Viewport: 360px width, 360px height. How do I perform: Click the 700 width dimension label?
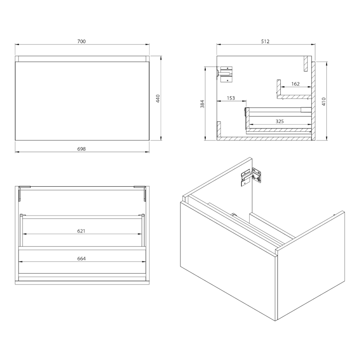point(81,41)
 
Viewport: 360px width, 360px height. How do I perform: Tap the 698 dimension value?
point(81,149)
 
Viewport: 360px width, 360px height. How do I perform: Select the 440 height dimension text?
point(158,99)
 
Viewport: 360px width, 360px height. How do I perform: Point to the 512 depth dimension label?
point(265,41)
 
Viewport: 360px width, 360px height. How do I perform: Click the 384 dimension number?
point(202,104)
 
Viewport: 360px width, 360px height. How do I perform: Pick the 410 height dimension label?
point(324,101)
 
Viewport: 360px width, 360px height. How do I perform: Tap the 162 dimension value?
point(296,84)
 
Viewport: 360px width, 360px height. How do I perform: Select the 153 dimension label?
point(231,98)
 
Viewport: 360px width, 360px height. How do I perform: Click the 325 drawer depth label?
point(279,121)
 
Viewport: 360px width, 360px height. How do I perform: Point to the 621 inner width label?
point(81,231)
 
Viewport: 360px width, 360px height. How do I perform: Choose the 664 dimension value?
point(81,258)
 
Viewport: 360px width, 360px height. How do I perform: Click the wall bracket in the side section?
point(225,74)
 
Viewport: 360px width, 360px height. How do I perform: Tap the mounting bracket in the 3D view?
point(251,177)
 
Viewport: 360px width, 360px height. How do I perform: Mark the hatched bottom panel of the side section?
point(264,139)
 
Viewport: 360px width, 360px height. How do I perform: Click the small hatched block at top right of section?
point(306,63)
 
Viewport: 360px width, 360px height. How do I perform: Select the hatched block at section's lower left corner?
point(219,129)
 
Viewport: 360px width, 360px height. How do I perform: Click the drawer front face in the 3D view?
point(228,261)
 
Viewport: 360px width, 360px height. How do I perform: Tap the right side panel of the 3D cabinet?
point(311,265)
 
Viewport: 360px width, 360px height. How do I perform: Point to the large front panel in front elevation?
point(82,101)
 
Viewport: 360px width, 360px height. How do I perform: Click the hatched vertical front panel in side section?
point(313,101)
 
